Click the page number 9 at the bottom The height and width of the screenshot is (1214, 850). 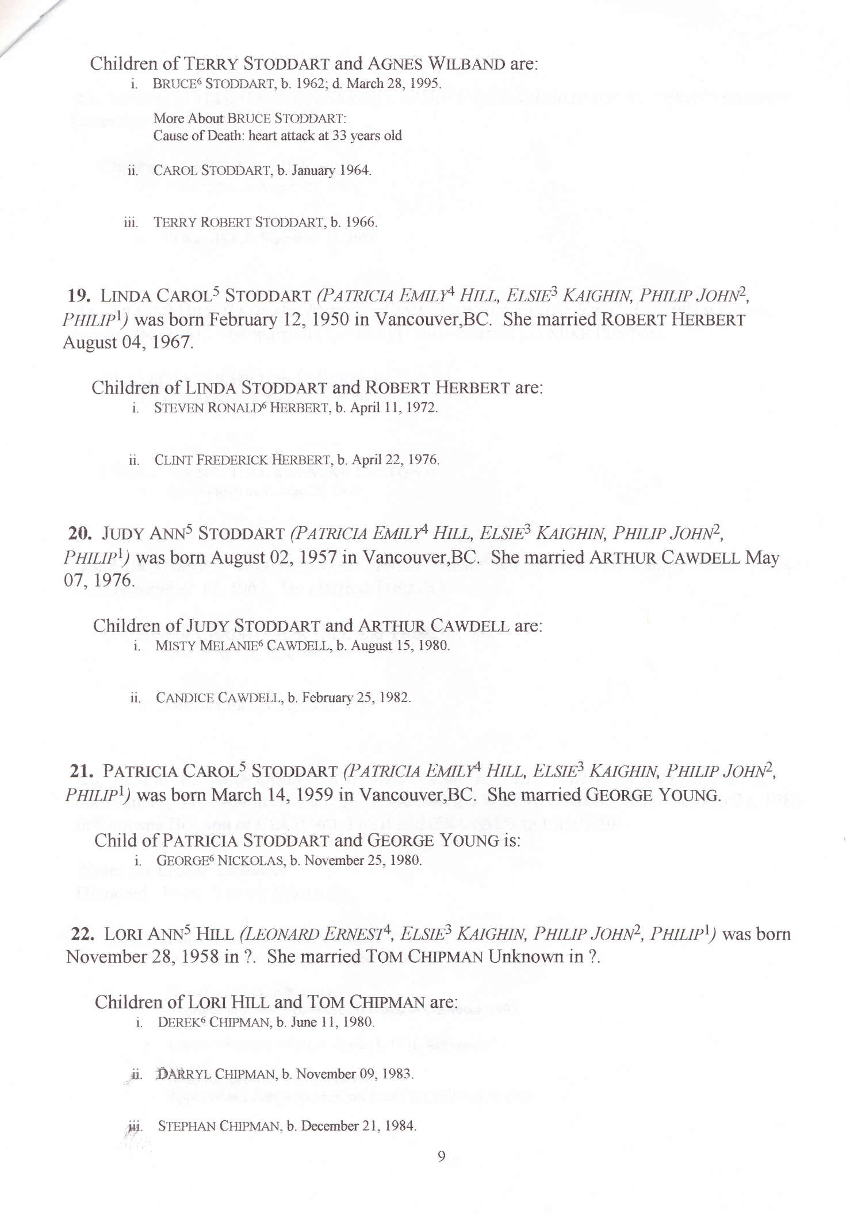[x=441, y=1156]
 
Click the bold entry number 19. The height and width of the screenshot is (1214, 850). [x=79, y=296]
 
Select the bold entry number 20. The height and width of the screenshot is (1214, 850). [x=80, y=534]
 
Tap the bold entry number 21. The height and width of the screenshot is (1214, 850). [x=82, y=771]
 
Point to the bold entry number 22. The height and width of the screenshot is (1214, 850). [x=83, y=934]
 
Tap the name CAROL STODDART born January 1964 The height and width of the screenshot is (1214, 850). [x=212, y=170]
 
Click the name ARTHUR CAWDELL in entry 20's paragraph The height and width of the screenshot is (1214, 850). [x=664, y=558]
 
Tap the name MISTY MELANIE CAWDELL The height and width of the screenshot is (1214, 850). [x=242, y=646]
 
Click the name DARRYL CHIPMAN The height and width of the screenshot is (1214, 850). [x=216, y=1074]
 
